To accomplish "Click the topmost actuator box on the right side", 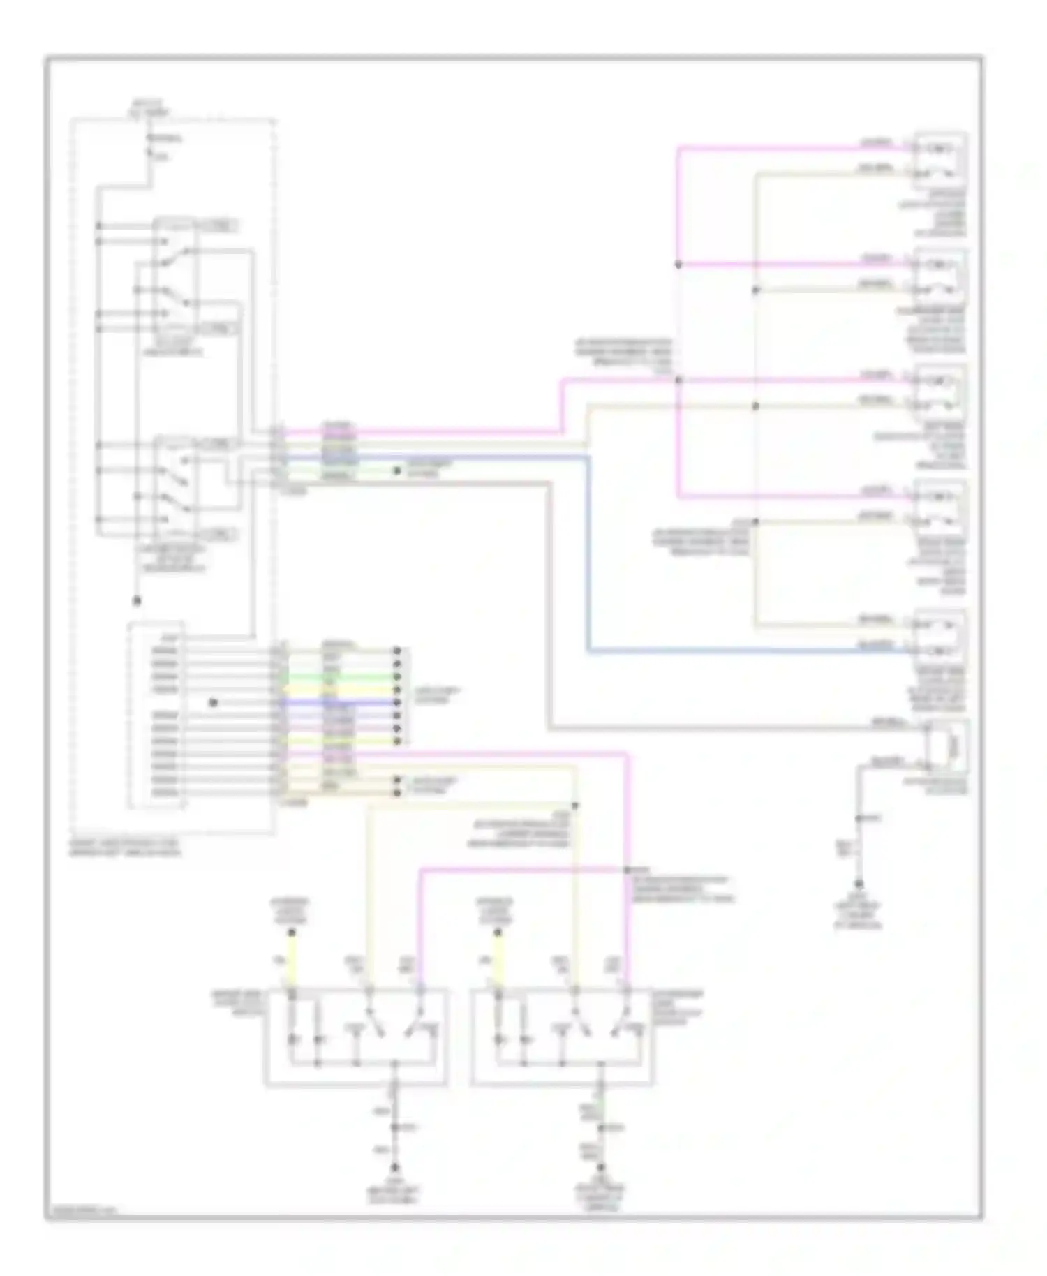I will click(940, 159).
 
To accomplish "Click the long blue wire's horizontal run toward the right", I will click(747, 651).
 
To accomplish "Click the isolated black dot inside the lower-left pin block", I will click(214, 702).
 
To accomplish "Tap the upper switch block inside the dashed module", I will click(176, 278).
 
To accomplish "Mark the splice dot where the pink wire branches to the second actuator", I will click(678, 265).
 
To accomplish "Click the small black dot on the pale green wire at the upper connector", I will click(396, 471).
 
